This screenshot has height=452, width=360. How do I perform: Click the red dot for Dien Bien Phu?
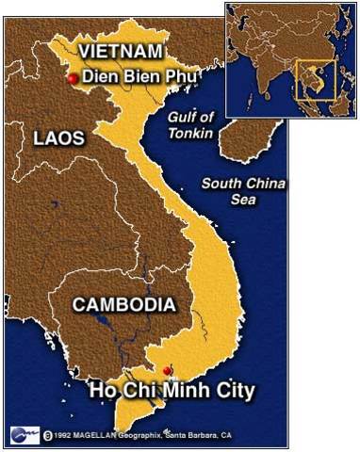[73, 79]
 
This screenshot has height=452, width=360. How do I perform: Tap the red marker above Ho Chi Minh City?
[167, 369]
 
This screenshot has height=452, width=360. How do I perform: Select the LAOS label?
[58, 137]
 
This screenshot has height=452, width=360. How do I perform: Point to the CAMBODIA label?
[123, 304]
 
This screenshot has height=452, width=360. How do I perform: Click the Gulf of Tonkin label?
[191, 124]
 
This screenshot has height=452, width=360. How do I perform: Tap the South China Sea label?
[244, 191]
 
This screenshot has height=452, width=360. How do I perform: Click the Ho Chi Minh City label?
[173, 390]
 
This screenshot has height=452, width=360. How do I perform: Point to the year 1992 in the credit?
[64, 436]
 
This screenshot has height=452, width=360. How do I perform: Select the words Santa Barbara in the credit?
[188, 436]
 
